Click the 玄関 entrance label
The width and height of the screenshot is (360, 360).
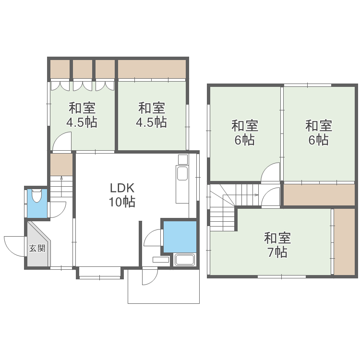(37, 248)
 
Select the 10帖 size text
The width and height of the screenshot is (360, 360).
(122, 202)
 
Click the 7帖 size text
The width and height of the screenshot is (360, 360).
(277, 252)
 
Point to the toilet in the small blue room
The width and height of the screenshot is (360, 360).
(37, 196)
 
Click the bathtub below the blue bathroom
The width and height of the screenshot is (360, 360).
(184, 260)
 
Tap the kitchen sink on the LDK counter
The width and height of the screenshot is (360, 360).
(182, 173)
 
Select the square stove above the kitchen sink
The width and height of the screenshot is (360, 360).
(183, 160)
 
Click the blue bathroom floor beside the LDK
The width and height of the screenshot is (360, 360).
(180, 236)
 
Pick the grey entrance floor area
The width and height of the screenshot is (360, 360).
(38, 245)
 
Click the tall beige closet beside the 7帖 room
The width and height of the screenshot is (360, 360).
(344, 242)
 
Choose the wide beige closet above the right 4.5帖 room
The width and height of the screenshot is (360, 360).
(152, 69)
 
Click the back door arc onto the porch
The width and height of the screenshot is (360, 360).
(150, 276)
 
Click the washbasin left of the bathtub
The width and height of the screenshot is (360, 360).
(161, 260)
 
